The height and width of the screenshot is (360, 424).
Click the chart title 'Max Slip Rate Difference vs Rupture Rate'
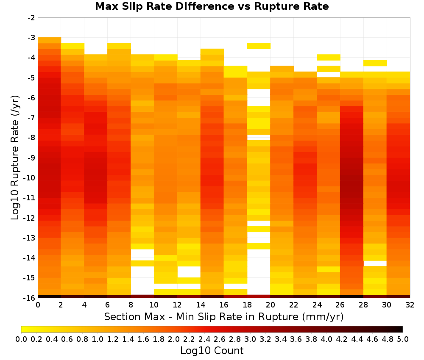[x=212, y=6]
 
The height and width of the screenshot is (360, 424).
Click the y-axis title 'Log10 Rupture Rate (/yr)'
[x=15, y=158]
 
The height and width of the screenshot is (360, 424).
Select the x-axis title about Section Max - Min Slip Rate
[x=223, y=316]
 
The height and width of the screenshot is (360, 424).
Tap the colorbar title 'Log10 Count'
[x=212, y=351]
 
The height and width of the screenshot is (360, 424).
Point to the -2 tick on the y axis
[x=31, y=18]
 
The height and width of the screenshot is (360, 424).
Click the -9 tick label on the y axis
[x=31, y=158]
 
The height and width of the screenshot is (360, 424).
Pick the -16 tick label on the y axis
[x=30, y=298]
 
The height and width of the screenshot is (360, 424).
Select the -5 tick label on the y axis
[x=31, y=78]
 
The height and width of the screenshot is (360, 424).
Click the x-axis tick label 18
[x=247, y=305]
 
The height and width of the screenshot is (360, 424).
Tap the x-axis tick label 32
[x=410, y=305]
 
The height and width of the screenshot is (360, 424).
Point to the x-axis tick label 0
[x=38, y=305]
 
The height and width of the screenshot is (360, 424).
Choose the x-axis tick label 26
[x=340, y=305]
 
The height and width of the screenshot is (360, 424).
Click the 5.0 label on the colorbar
[x=403, y=339]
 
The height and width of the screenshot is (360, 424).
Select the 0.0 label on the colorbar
[x=21, y=339]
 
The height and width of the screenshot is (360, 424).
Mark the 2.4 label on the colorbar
[x=204, y=339]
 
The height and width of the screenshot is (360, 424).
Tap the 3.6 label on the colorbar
[x=296, y=339]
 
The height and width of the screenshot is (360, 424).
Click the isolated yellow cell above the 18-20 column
[x=259, y=46]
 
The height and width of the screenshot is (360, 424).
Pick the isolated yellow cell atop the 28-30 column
[x=375, y=63]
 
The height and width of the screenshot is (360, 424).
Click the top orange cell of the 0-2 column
[x=50, y=40]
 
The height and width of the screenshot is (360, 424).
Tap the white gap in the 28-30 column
[x=375, y=263]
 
